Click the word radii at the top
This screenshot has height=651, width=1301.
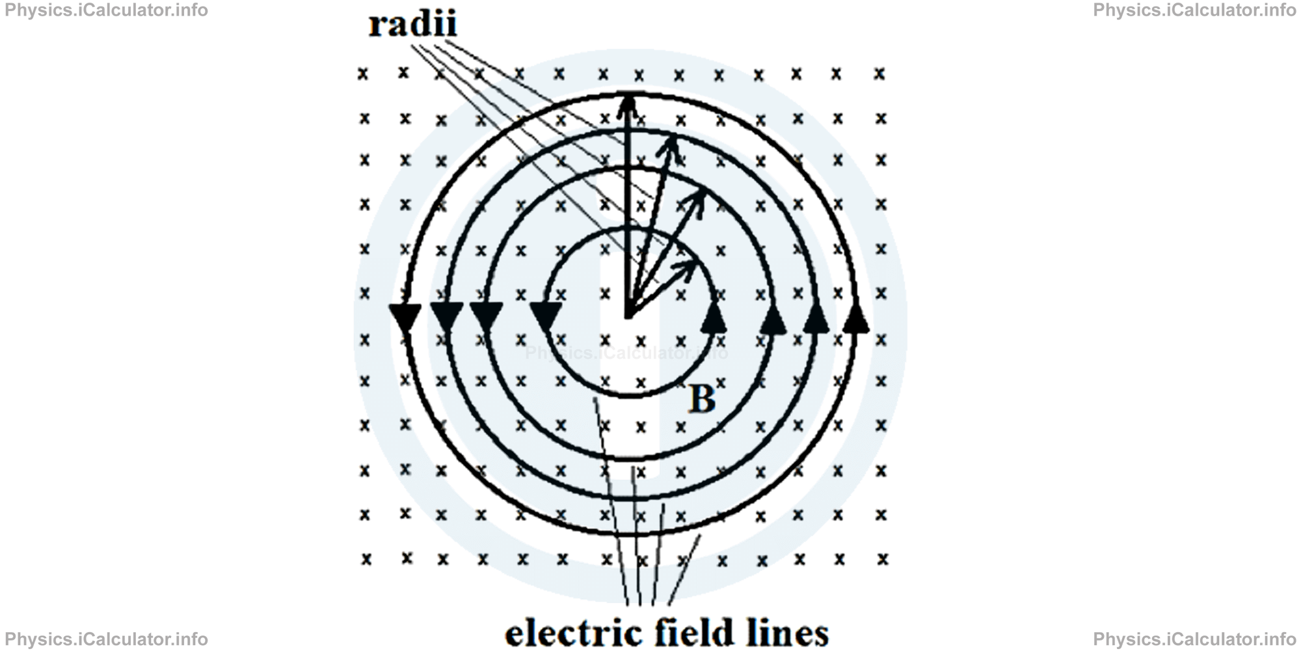click(412, 25)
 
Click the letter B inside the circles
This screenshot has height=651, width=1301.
click(702, 398)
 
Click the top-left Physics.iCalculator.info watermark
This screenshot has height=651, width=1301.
click(106, 10)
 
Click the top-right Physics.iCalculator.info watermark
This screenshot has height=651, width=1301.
click(1194, 10)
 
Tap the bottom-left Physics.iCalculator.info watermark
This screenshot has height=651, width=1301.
click(106, 639)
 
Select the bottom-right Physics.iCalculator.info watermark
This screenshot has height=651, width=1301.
click(1194, 639)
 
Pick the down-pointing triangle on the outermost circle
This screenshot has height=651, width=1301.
click(406, 317)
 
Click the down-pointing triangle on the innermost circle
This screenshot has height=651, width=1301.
click(546, 316)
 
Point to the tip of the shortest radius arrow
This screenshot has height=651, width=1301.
click(694, 264)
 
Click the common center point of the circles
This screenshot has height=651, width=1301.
click(628, 318)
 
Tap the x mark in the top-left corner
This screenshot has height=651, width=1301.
click(363, 74)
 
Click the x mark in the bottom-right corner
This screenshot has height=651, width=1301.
click(882, 559)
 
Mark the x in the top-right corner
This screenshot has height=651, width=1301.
click(879, 74)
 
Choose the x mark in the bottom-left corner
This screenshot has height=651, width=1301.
click(366, 559)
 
